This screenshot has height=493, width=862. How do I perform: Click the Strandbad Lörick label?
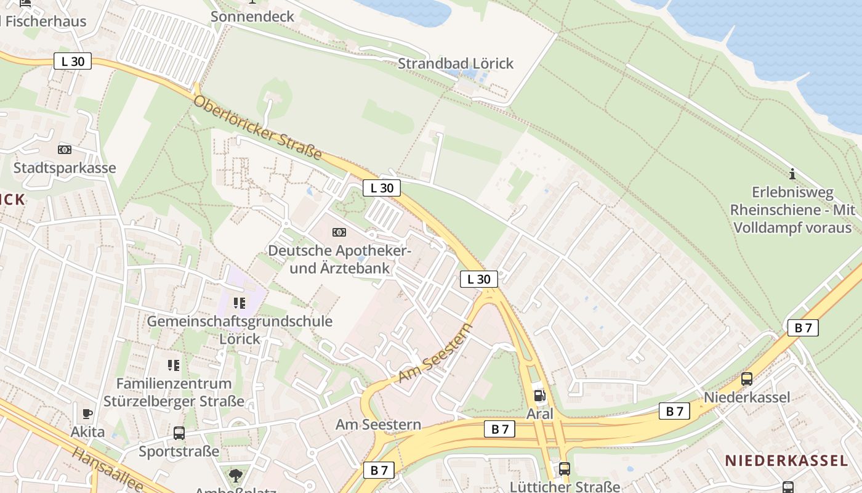(455, 63)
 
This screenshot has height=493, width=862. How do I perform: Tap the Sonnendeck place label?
(252, 17)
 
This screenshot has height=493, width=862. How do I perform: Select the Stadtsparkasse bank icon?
(65, 150)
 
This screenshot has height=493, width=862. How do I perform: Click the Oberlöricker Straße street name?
(258, 128)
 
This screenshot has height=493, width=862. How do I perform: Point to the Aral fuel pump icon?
(539, 396)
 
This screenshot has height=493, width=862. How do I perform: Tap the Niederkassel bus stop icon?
(746, 379)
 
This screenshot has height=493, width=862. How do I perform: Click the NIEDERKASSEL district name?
(786, 460)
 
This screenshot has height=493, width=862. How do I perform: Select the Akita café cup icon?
(87, 414)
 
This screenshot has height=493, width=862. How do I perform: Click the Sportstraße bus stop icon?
(179, 433)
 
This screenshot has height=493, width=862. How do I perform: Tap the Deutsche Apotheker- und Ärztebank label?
(339, 259)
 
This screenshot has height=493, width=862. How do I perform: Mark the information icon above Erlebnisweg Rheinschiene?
(792, 174)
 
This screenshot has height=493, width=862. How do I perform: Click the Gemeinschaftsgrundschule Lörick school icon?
(240, 303)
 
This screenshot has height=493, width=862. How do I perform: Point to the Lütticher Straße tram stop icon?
(565, 468)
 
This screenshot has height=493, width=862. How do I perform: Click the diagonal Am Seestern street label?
(435, 353)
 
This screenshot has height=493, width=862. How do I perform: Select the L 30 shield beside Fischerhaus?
(73, 61)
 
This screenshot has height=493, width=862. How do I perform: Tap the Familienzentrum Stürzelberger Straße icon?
(174, 365)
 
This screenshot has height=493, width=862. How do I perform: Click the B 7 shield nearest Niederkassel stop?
(674, 411)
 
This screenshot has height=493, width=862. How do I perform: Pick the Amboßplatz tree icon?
(235, 475)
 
